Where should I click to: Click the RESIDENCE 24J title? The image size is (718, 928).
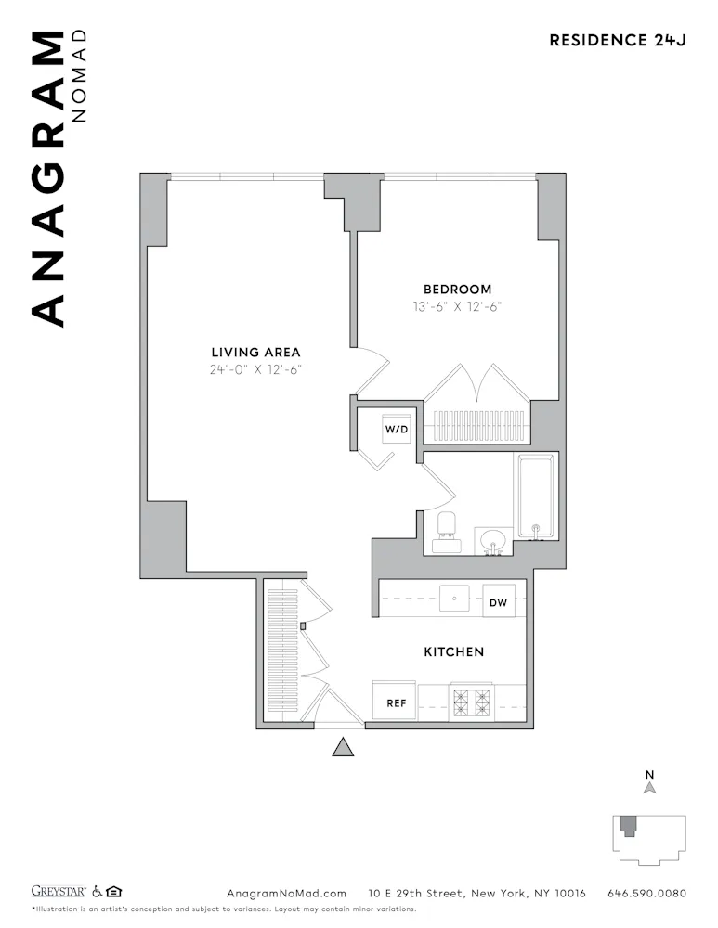coord(617,40)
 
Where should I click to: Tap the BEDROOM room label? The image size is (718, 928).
coord(458,290)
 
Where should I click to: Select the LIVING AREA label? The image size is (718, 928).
coord(255,352)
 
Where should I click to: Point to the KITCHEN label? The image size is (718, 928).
coord(453,652)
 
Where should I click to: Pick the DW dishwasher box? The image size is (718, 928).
coord(498,603)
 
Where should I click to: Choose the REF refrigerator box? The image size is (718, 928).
coord(396,702)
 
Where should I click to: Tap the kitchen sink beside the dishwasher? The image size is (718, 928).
coord(454,599)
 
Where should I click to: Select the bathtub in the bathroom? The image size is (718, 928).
coord(536,496)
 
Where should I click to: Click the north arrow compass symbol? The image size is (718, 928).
coord(650,787)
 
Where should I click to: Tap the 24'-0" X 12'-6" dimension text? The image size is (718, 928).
coord(255,369)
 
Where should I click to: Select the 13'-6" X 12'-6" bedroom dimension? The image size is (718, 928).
coord(458,306)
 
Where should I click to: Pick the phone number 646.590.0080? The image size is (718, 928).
coord(646,894)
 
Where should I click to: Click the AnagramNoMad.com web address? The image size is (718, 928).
coord(286,894)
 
